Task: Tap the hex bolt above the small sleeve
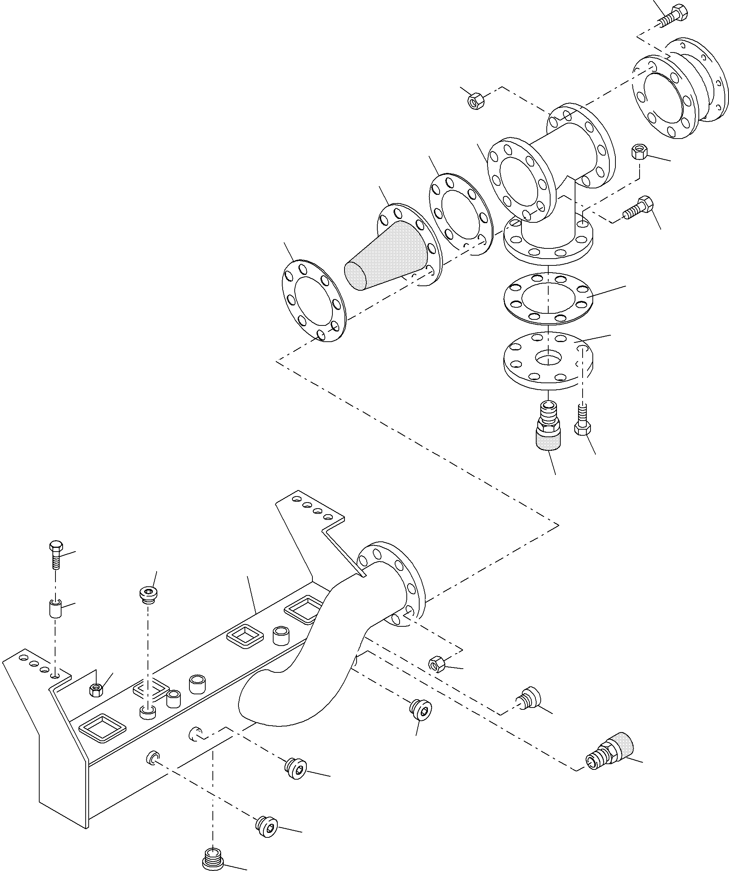click(55, 554)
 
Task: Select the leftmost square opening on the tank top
click(102, 728)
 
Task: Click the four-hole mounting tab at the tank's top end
click(311, 510)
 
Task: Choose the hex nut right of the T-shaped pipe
click(640, 152)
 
